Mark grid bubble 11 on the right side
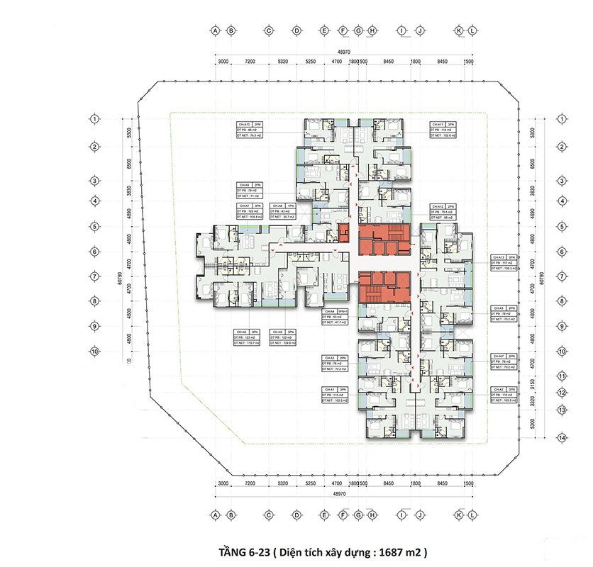point(561,376)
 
